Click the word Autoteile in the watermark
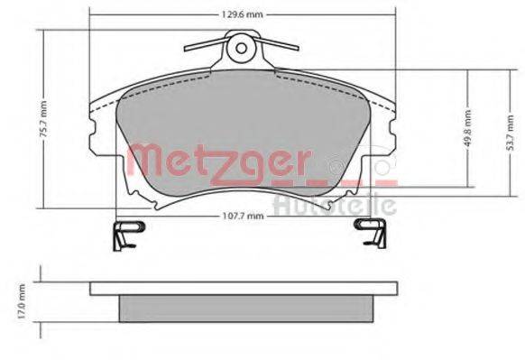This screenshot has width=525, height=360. (334, 206)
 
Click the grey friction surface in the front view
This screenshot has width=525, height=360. (244, 126)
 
